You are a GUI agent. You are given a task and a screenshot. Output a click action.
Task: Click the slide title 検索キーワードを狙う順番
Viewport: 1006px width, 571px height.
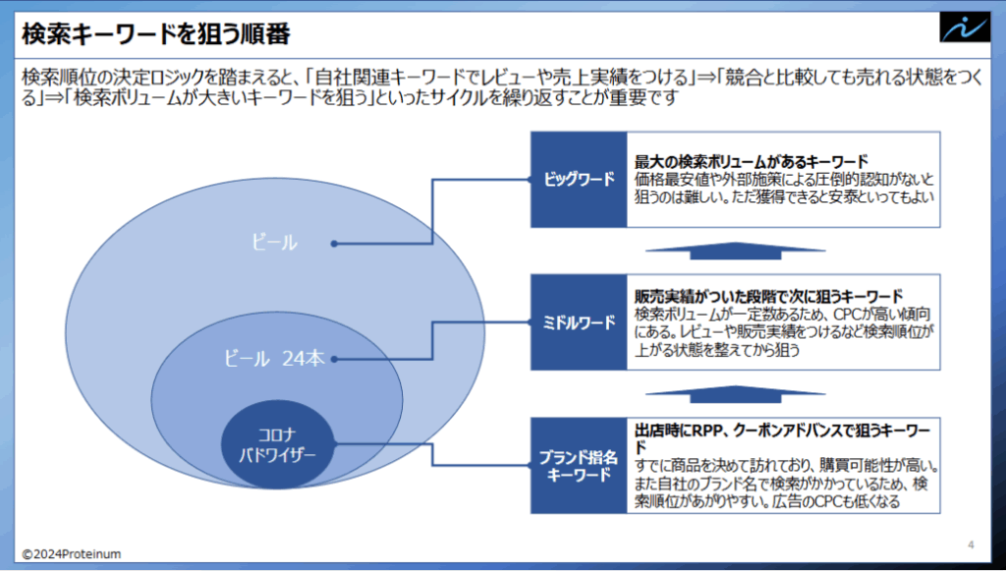tap(156, 34)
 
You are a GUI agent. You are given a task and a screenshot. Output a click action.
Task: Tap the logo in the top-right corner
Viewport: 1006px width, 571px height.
tap(965, 28)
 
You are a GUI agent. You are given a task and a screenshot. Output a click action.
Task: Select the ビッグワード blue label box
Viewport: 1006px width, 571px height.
tap(579, 180)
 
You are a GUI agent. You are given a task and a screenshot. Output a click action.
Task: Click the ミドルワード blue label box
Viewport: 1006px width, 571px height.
tap(579, 322)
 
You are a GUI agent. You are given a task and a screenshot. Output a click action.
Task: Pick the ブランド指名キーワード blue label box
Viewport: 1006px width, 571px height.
tap(579, 466)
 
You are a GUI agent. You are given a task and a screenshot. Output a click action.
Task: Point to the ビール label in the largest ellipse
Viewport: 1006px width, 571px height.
tap(275, 243)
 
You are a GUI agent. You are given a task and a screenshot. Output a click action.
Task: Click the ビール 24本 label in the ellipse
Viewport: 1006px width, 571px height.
tap(275, 359)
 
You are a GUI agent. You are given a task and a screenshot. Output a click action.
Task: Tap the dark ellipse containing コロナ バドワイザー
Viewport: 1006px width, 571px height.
tap(278, 444)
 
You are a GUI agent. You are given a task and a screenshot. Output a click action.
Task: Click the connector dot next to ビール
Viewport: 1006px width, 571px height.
tap(334, 244)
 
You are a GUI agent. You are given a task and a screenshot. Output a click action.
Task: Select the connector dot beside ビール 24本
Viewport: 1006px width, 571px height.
tap(334, 360)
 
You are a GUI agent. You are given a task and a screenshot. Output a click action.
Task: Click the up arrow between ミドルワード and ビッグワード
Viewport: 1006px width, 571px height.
tap(735, 251)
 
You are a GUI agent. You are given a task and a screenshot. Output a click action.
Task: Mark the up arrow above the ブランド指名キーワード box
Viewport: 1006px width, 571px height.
tap(735, 394)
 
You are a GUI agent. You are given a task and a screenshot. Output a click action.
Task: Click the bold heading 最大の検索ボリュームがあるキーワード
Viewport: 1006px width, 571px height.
tap(752, 161)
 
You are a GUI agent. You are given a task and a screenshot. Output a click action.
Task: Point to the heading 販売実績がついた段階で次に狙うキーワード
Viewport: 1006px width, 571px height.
tap(768, 297)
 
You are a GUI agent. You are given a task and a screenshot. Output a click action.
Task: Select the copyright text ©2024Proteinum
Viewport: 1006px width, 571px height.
tap(71, 553)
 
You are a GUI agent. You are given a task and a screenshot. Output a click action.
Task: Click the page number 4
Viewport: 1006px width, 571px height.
tap(971, 544)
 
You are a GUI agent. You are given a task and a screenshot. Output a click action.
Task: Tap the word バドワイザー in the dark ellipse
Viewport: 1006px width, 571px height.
tap(277, 455)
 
